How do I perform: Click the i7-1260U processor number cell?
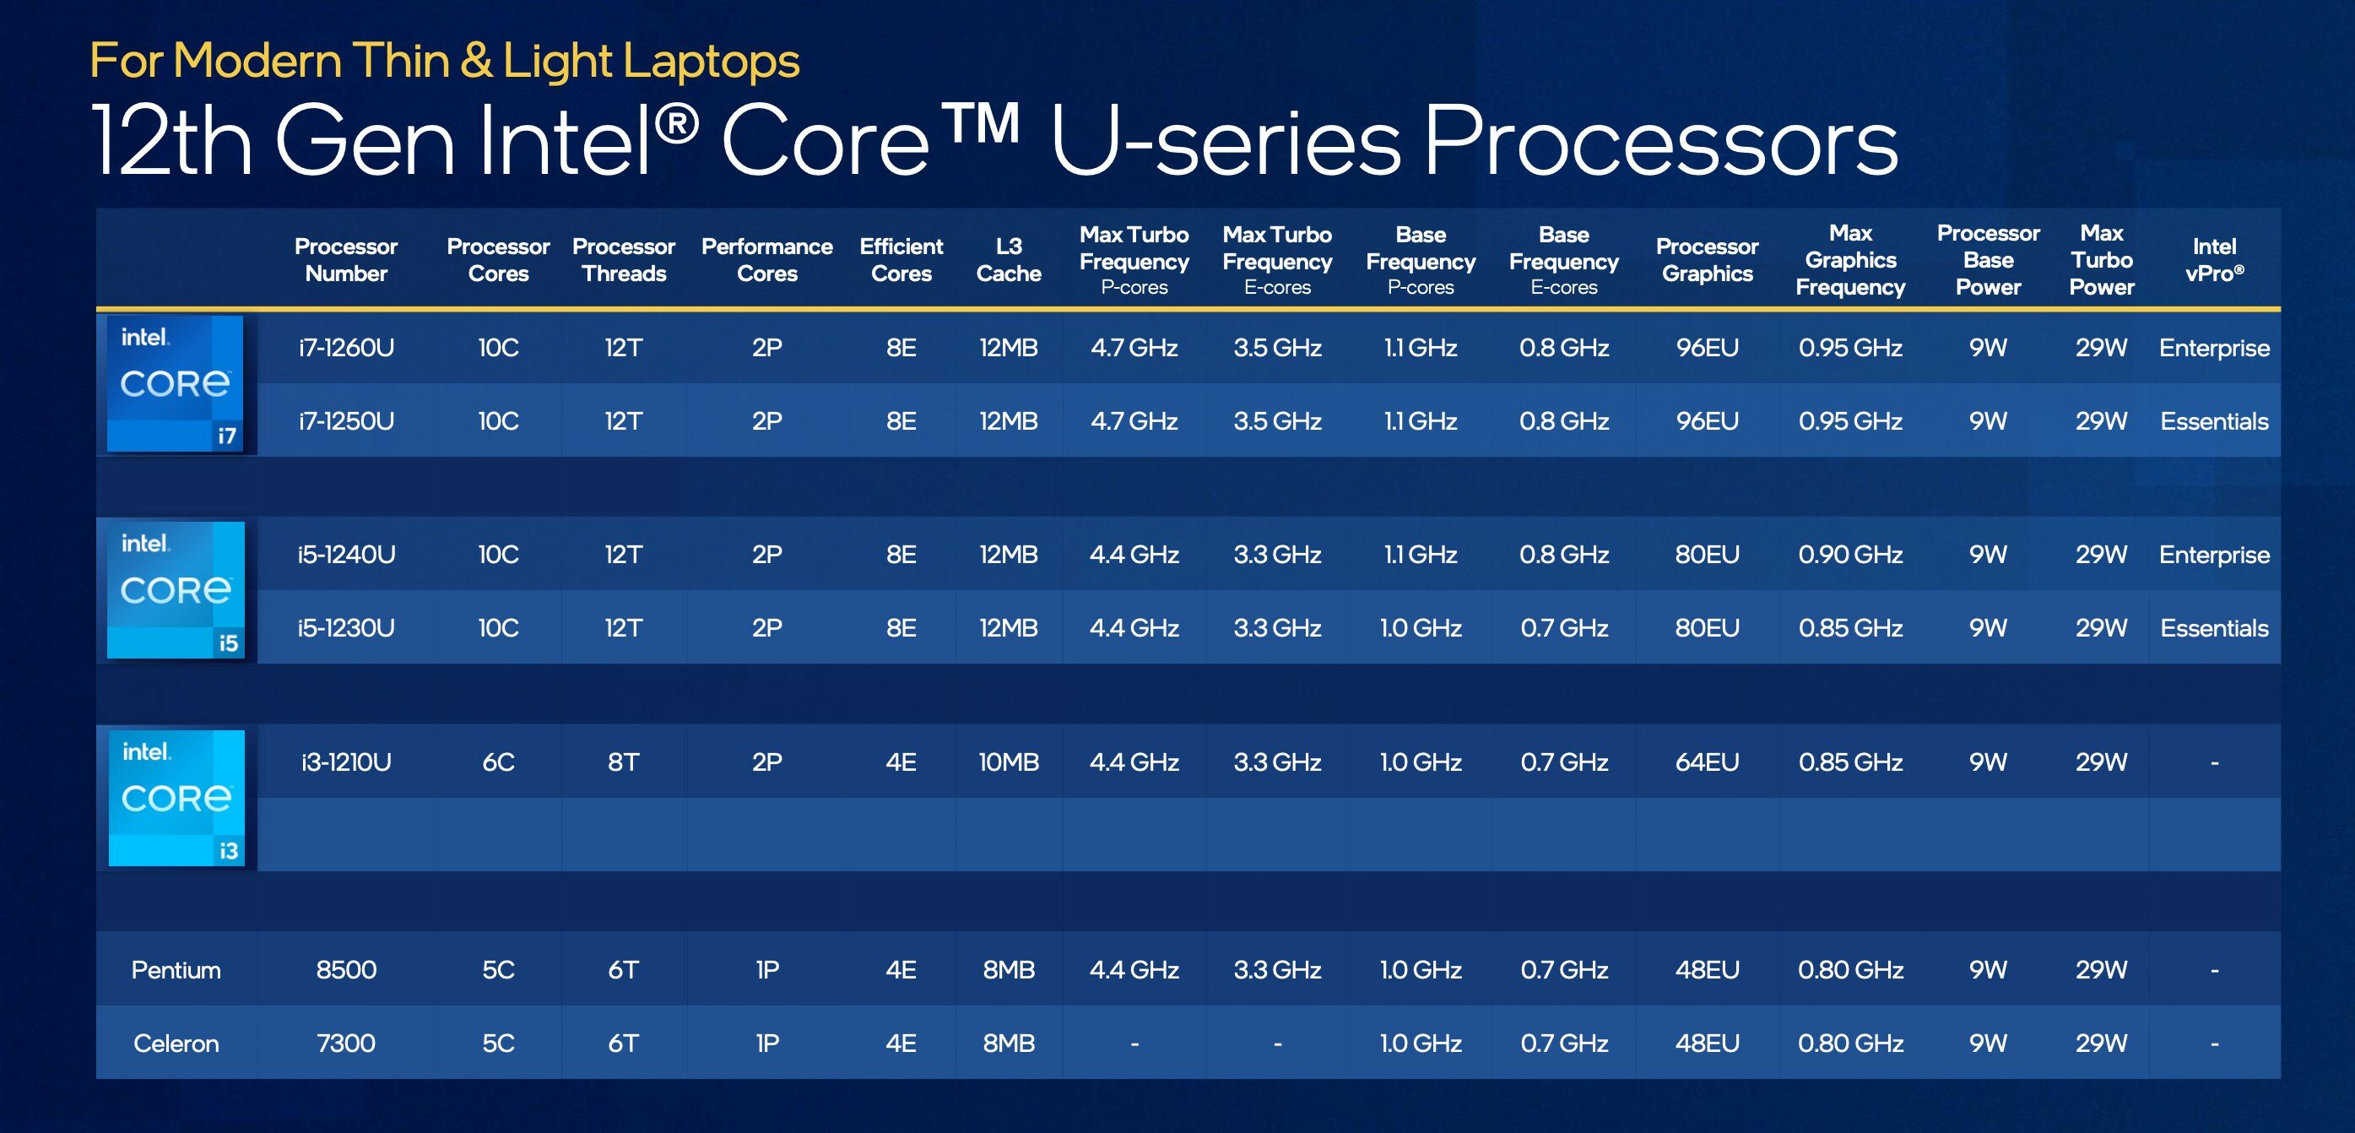(x=346, y=348)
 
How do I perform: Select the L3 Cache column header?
(x=1009, y=260)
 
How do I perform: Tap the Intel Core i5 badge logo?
(x=176, y=590)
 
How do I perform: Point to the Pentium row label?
(x=176, y=969)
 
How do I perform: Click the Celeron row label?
(x=176, y=1044)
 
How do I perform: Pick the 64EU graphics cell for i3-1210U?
(x=1707, y=762)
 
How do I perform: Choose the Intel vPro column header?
(x=2214, y=260)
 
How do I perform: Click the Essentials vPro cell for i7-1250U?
(x=2214, y=420)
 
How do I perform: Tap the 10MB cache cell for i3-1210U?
(x=1009, y=762)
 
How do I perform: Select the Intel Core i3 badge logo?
(x=176, y=797)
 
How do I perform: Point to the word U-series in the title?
(x=1226, y=141)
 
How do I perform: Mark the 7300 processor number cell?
(x=346, y=1044)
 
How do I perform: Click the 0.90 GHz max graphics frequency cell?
(x=1850, y=554)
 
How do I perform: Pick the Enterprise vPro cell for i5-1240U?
(x=2214, y=554)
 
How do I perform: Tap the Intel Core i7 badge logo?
(x=175, y=383)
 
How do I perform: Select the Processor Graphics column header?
(x=1707, y=260)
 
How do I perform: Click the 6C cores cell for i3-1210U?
(x=498, y=762)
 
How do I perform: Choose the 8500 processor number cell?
(x=346, y=969)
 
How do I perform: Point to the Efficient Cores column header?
(x=901, y=260)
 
